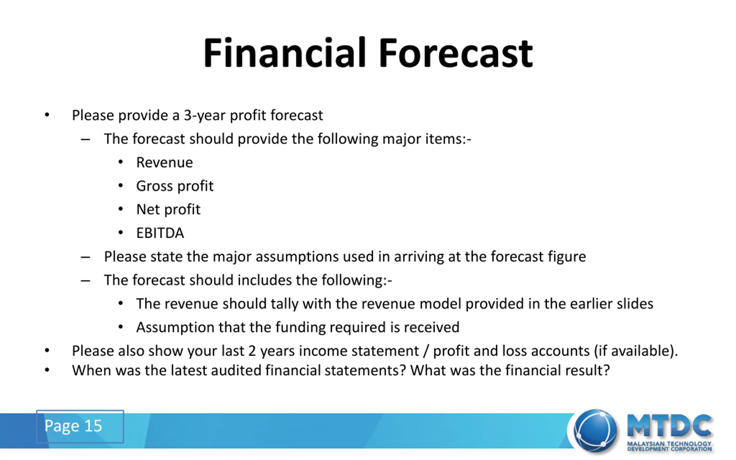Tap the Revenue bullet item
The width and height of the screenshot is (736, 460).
coord(164,162)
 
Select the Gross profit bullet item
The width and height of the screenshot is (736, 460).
coord(175,186)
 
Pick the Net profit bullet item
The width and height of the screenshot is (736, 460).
coord(168,209)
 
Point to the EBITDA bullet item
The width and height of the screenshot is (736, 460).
coord(160,233)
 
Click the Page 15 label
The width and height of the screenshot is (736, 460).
coord(73,426)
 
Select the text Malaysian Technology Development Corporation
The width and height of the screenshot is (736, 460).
coord(669,446)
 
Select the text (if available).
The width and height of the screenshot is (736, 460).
coord(636,351)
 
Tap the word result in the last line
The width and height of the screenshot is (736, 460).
coord(588,371)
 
